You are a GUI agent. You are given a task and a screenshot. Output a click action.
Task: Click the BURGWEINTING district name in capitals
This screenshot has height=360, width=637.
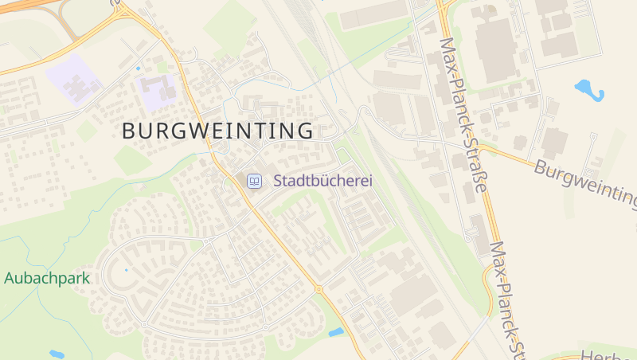pos(217,131)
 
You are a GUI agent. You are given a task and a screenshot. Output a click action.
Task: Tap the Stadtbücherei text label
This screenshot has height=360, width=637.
pos(322,181)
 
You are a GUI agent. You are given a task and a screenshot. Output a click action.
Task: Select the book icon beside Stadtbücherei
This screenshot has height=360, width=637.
pos(254,182)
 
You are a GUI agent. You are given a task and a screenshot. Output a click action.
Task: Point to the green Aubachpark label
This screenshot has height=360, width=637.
pos(47,278)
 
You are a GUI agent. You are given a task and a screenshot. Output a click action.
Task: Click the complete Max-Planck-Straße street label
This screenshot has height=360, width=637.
pos(463,115)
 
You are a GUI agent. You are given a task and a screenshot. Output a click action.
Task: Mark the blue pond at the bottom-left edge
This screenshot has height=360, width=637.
pos(57,354)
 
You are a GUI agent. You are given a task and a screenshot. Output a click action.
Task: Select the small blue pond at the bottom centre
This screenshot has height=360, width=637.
pos(336,332)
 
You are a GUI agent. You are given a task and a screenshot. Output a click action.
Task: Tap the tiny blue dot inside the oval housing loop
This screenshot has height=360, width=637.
pos(126,270)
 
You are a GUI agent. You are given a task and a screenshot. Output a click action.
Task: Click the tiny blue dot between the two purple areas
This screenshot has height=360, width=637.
pos(138,68)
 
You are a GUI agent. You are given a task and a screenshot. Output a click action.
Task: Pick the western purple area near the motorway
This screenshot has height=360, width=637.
pos(73,78)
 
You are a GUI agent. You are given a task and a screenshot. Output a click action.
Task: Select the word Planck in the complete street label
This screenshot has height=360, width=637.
pos(460,109)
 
